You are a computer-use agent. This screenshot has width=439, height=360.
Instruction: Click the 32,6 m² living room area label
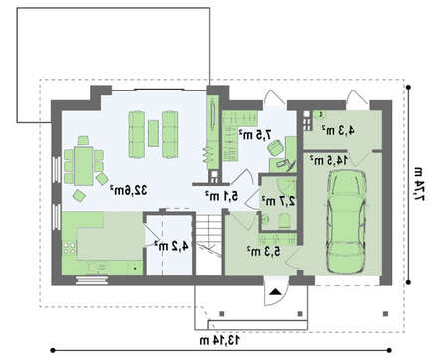click(x=128, y=190)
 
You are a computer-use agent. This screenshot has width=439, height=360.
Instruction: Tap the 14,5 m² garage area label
click(x=329, y=160)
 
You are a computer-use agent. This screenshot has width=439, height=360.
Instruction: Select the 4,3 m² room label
click(x=337, y=130)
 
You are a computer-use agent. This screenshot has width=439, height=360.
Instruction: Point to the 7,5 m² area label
click(x=255, y=135)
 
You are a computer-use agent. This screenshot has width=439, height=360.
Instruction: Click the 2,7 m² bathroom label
click(x=278, y=201)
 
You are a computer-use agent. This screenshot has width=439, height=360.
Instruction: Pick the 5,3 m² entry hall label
click(x=263, y=251)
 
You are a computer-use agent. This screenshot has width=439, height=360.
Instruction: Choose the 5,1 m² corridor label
click(x=221, y=196)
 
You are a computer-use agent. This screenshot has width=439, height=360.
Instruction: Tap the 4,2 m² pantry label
click(x=172, y=246)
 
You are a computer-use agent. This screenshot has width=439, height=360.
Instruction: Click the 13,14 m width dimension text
click(x=220, y=340)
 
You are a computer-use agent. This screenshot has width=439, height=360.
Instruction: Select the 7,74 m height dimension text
click(x=419, y=184)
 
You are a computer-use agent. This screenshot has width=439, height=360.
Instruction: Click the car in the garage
click(x=346, y=222)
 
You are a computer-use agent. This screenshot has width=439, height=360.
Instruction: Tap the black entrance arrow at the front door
click(x=275, y=292)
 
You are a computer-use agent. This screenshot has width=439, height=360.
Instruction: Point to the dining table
click(x=84, y=166)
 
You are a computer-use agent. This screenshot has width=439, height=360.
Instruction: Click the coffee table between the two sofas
click(x=153, y=133)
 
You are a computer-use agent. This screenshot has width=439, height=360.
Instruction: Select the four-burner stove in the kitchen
click(x=70, y=248)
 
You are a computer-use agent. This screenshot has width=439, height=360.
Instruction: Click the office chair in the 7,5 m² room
click(x=275, y=147)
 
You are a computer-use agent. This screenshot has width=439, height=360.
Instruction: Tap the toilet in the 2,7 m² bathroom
click(x=285, y=221)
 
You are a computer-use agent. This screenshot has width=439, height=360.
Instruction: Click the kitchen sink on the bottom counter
click(x=98, y=267)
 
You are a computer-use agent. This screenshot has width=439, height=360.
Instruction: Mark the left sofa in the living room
click(x=136, y=134)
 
